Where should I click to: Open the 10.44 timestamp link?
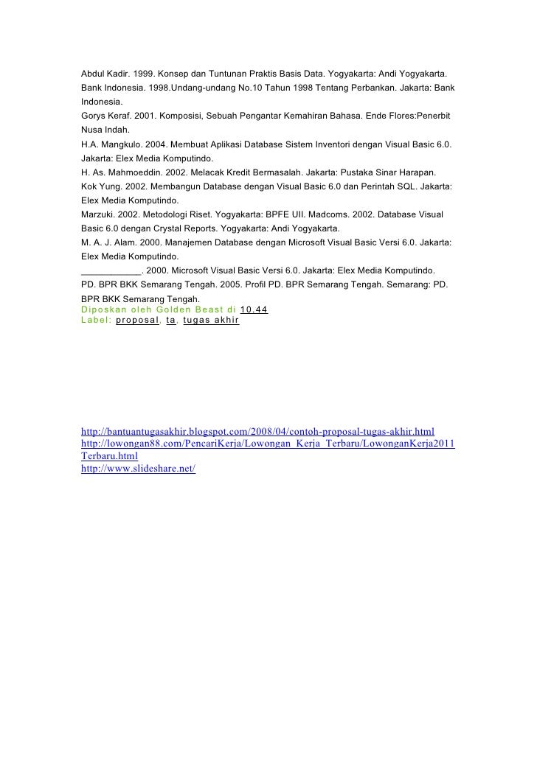(254, 309)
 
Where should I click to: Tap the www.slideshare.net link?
(138, 469)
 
